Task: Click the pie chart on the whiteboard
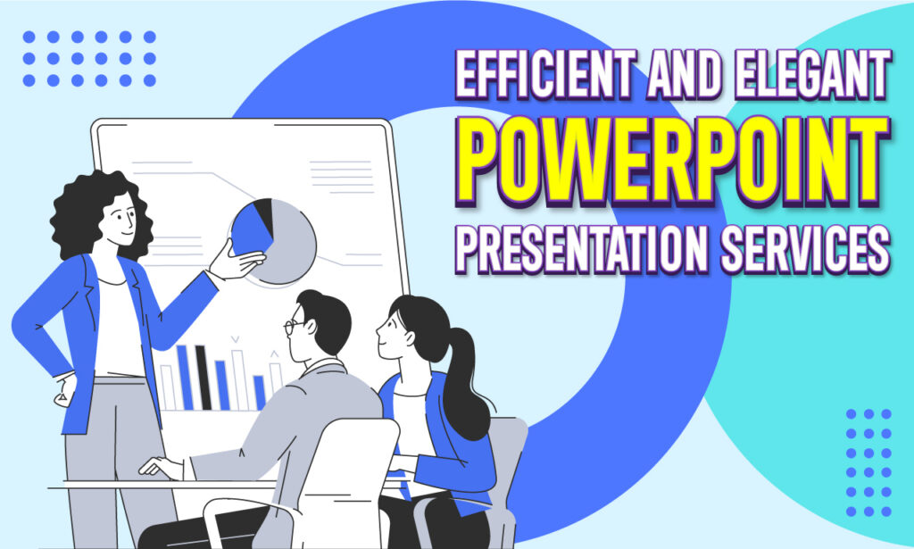276,240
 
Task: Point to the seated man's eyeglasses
291,327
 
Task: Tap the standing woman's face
121,218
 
